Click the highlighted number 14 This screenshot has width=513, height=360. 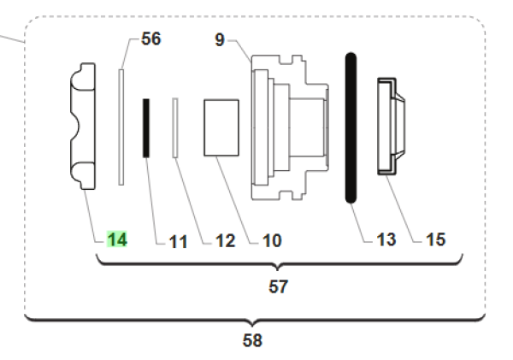[117, 240]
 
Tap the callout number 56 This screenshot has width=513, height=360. [150, 39]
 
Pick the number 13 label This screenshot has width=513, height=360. [386, 240]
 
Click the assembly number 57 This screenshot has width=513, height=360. [278, 287]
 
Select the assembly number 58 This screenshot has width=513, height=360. [252, 340]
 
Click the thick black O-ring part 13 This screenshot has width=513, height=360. [350, 128]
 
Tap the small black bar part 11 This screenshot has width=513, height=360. [146, 128]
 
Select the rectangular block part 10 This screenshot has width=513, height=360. [220, 127]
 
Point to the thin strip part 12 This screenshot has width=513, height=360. [174, 127]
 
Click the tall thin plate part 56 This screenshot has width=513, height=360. [121, 127]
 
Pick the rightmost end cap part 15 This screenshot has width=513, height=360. [392, 127]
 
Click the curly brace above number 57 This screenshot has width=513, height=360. [278, 263]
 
